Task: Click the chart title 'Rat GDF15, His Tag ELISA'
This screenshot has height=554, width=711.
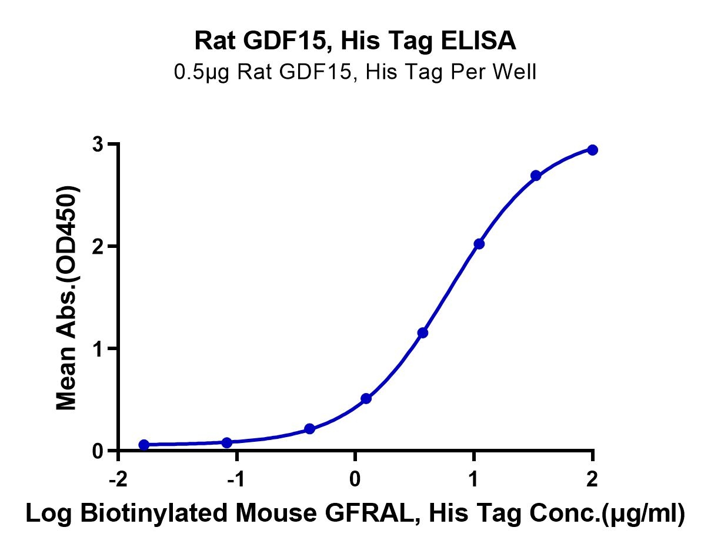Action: coord(355,41)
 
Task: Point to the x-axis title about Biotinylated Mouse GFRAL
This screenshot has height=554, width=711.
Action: coord(355,513)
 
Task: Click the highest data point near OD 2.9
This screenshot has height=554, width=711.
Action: coord(592,150)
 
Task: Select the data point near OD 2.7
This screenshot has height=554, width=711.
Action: coord(536,176)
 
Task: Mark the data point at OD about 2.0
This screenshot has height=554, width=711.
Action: coord(479,244)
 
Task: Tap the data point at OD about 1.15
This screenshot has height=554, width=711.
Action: coord(422,333)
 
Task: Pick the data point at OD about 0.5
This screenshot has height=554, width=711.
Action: coord(366,398)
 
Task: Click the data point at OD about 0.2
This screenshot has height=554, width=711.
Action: coord(309,429)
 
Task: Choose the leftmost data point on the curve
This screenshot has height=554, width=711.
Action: coord(144,445)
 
